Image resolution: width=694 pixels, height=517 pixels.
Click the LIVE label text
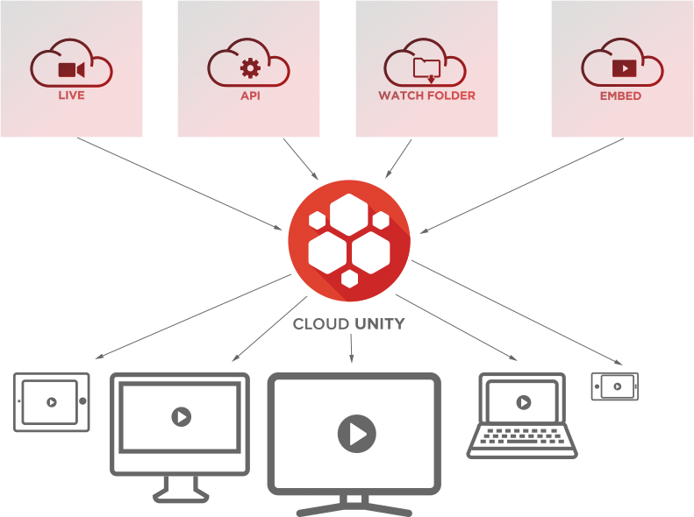coord(71,96)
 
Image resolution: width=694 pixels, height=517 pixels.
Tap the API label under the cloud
coord(250,96)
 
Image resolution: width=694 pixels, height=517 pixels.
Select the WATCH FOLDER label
coord(426,96)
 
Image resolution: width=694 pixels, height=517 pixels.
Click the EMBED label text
coord(620,96)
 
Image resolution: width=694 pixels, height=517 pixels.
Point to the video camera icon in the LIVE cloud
coord(71,70)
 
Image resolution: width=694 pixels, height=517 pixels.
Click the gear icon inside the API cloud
coord(251,68)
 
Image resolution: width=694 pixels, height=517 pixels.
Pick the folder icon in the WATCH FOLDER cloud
coord(426,69)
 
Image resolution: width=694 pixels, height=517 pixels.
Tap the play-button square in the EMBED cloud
coord(624,68)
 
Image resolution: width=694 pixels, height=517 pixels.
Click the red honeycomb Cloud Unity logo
coord(349,241)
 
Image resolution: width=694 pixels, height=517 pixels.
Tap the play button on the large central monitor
coord(357,434)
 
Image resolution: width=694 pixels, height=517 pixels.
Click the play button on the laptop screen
coord(524,402)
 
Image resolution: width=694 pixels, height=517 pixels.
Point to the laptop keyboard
coord(522,436)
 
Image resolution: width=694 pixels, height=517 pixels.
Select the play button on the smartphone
coord(617,386)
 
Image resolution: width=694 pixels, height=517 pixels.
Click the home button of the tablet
coord(82,401)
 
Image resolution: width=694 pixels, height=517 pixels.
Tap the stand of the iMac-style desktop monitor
coord(181,489)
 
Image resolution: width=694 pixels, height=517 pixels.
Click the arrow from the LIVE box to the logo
coord(179,184)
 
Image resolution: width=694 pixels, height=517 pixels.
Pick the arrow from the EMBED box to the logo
coord(522,186)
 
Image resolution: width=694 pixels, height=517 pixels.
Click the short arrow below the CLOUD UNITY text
coord(352,348)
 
